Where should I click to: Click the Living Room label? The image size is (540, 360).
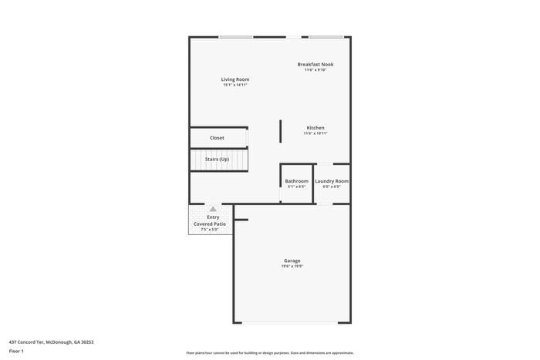tap(235, 79)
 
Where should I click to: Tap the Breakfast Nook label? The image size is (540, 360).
tap(316, 64)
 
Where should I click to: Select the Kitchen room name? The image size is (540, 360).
tap(316, 127)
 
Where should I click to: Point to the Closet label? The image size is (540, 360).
tap(217, 138)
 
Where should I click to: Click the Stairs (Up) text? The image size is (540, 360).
tap(217, 159)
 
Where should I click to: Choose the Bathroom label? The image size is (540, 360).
tap(297, 181)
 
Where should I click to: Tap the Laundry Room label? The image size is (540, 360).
tap(332, 181)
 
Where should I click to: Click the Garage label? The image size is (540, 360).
tap(292, 261)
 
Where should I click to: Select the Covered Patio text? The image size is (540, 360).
tap(210, 224)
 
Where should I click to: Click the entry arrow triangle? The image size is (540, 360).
tap(213, 209)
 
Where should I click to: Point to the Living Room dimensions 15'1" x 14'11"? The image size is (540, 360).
tap(235, 85)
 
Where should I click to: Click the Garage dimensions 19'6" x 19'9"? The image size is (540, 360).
tap(292, 267)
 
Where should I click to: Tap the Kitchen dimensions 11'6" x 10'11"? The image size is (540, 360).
tap(316, 133)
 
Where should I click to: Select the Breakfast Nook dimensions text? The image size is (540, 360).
tap(316, 70)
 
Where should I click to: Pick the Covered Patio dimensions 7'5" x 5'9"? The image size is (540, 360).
tap(210, 230)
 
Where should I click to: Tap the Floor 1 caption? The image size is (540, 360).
tap(16, 352)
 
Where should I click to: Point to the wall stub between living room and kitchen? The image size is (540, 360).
tap(280, 130)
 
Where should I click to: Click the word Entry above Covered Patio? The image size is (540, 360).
tap(213, 217)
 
